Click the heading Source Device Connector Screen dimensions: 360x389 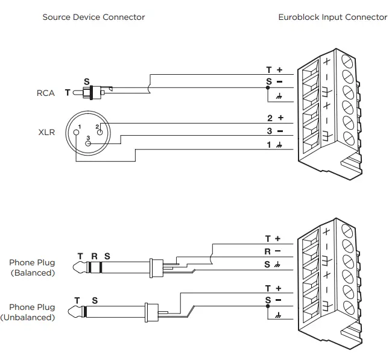pos(93,17)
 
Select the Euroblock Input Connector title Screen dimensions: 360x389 pos(332,17)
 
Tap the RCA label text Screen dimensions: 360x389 pos(45,93)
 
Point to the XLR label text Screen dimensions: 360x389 pos(46,131)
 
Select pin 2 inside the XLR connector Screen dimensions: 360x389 pos(99,127)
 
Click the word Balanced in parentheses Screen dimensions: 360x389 pos(33,273)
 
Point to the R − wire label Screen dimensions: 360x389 pos(273,250)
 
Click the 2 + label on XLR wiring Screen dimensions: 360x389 pos(274,118)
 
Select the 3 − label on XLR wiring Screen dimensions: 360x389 pos(274,131)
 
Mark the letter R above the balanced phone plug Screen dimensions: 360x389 pos(93,256)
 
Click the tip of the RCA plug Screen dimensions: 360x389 pos(77,92)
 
